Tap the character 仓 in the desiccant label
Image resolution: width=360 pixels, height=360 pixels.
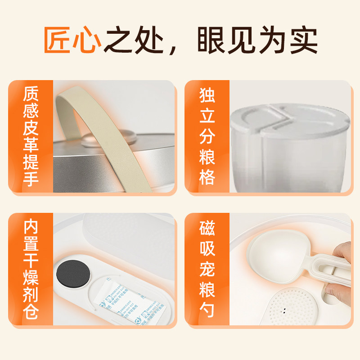(x=31, y=312)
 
